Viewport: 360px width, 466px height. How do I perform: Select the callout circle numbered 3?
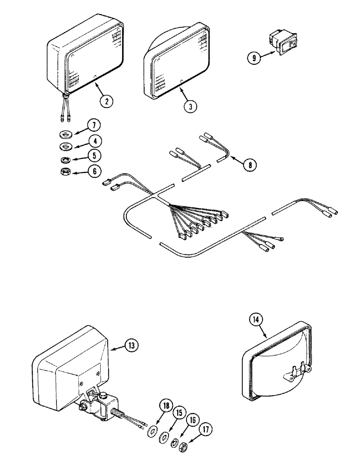click(190, 105)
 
